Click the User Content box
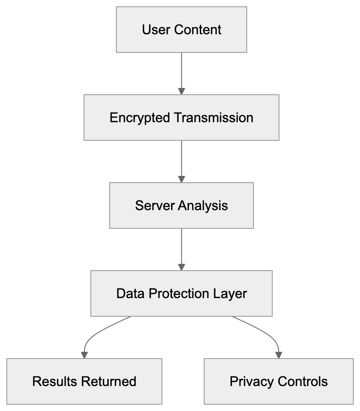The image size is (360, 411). pos(181,30)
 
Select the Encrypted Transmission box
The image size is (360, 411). pos(181,118)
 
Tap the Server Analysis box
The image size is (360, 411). pos(181,205)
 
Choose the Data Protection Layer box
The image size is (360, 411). pos(181,293)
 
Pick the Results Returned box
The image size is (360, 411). pos(84,381)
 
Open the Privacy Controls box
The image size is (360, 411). pos(278,381)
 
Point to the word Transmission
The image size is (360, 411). pos(214,118)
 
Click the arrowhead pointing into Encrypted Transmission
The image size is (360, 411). pos(181,91)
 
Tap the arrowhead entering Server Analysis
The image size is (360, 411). pos(181,179)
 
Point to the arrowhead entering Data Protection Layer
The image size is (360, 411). pos(181,267)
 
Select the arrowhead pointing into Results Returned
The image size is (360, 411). pos(84,355)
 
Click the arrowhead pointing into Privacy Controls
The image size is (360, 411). pos(278,355)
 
